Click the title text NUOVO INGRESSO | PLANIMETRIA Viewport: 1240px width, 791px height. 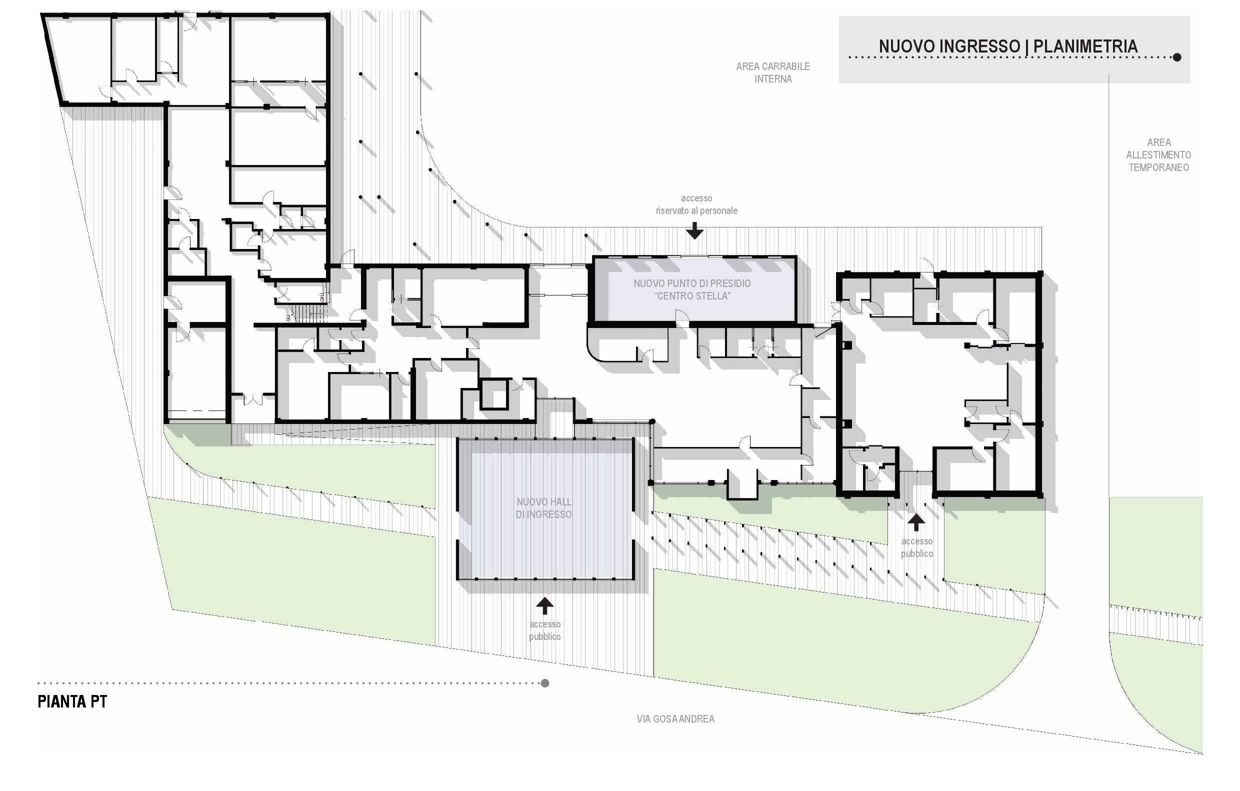(x=1008, y=46)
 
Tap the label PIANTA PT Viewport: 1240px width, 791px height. (x=72, y=702)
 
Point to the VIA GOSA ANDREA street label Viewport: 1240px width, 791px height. (x=675, y=719)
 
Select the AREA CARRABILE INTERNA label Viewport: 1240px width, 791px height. (x=773, y=72)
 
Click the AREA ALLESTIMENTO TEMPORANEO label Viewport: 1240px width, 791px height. (x=1158, y=155)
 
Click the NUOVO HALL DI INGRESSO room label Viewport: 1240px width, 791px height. (x=544, y=508)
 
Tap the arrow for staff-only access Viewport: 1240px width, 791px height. (x=694, y=230)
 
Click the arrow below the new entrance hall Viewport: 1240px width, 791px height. (x=545, y=605)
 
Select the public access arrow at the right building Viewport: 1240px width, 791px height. (x=915, y=522)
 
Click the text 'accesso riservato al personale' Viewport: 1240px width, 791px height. (x=696, y=204)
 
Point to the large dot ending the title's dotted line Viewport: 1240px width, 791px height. (x=1176, y=57)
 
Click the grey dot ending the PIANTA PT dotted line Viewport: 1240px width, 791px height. (x=545, y=683)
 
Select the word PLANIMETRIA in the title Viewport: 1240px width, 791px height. (x=1085, y=46)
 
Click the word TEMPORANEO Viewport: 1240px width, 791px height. (x=1158, y=167)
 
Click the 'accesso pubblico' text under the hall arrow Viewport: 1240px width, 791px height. (x=545, y=630)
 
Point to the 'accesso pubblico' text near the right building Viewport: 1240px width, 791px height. (x=916, y=547)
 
